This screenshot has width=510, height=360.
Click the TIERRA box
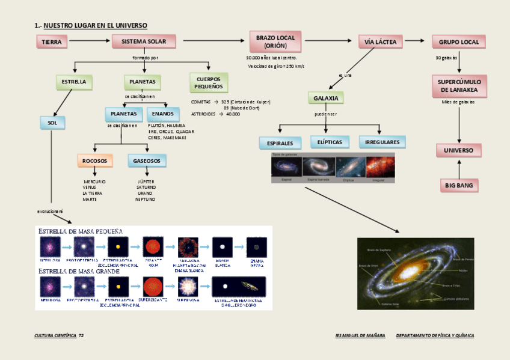52,42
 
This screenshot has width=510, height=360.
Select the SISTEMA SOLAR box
144,41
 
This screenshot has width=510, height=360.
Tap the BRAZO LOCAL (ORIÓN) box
275,41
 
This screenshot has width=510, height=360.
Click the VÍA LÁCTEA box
381,41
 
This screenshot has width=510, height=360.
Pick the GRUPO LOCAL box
459,42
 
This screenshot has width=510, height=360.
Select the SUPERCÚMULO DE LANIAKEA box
459,86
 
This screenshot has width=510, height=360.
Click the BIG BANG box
459,186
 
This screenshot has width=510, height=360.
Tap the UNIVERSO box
459,150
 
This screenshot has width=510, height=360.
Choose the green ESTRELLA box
74,82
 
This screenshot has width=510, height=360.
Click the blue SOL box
52,123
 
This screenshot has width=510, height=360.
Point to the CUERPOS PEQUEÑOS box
208,83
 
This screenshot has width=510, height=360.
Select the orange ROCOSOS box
95,161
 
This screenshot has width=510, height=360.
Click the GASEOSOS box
146,161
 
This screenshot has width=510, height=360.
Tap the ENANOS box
162,114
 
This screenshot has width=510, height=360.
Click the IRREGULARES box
382,142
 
